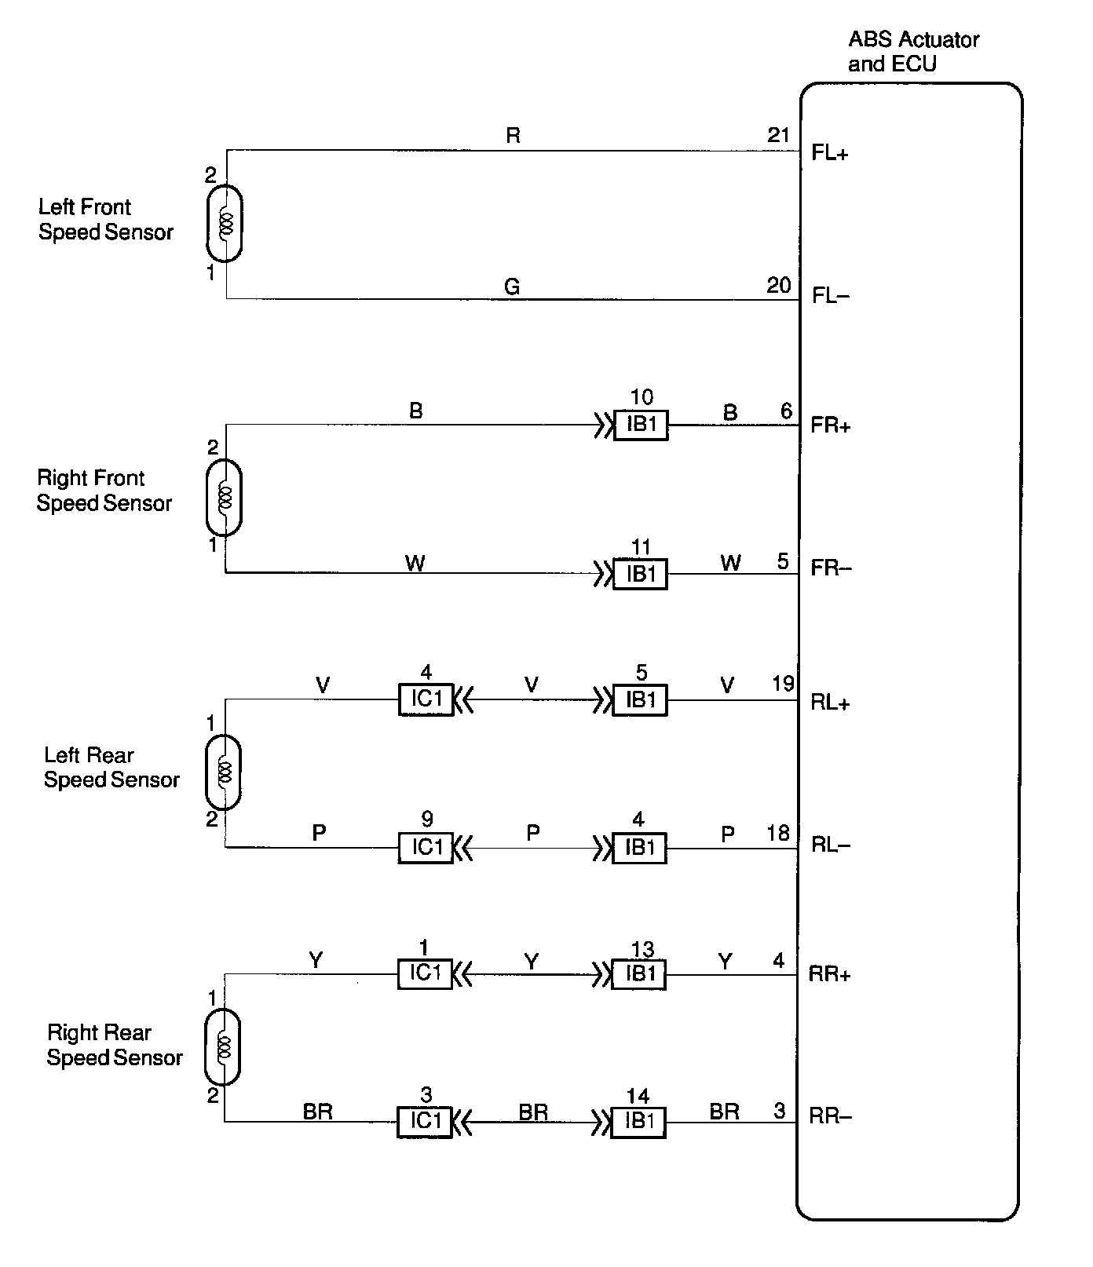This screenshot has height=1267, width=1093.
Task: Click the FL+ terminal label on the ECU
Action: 830,153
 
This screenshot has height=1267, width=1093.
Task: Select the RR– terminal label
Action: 830,1115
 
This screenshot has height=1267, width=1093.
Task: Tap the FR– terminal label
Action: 830,568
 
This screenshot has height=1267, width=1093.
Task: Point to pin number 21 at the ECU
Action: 778,135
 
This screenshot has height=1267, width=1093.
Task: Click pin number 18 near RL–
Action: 777,833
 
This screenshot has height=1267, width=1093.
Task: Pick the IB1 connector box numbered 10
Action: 641,425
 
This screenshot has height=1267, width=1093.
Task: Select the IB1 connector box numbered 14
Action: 639,1122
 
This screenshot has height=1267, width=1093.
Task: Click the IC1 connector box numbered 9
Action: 426,848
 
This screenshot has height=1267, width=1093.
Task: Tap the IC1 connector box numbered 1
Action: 425,974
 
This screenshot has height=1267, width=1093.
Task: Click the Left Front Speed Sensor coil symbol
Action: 225,223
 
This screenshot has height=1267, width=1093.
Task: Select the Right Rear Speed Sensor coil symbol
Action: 222,1046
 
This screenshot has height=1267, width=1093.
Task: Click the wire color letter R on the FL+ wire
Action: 513,136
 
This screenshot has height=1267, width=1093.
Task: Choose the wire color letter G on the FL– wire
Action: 512,287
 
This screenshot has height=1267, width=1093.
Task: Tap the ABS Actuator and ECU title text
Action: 913,51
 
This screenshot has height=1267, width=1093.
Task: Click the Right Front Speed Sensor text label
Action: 104,491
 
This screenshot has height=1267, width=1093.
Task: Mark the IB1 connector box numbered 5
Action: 641,700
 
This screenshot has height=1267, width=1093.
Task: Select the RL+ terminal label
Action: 830,703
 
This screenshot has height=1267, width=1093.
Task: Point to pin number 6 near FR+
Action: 785,411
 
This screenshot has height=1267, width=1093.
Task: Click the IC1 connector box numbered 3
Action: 425,1122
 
